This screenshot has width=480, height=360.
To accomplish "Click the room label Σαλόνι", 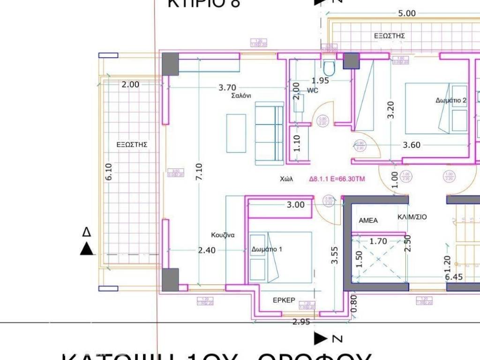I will [241, 95].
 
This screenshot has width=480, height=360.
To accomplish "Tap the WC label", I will [313, 90].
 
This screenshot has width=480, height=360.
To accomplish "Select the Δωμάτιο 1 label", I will [267, 249].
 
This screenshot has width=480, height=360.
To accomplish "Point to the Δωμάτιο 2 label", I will [451, 100].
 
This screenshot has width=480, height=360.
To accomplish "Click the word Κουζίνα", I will [223, 235].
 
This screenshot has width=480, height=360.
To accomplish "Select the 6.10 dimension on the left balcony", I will [109, 172].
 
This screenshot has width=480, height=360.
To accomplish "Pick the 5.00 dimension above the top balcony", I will [406, 13].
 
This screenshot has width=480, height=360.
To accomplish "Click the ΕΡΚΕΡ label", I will [284, 300].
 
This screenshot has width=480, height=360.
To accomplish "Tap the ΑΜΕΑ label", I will [368, 220].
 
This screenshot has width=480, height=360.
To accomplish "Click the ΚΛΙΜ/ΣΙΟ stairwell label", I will [412, 217].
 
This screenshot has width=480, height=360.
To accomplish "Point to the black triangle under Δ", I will [87, 249].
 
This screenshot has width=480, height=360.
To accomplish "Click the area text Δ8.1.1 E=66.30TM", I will [337, 179].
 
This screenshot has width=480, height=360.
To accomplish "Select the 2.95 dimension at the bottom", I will [301, 322].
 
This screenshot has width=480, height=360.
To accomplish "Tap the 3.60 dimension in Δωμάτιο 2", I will [412, 145].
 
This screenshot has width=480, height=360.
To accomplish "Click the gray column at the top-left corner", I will [170, 64].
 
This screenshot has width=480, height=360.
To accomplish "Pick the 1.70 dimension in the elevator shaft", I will [378, 242].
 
